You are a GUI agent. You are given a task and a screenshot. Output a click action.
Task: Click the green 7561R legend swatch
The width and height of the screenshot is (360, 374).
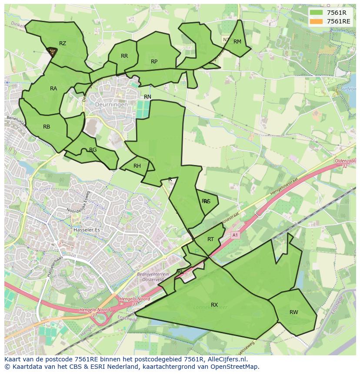317,13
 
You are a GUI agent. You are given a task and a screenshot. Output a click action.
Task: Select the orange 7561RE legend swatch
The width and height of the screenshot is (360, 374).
317,21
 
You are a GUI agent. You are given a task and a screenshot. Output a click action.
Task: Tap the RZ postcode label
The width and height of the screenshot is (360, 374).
63,43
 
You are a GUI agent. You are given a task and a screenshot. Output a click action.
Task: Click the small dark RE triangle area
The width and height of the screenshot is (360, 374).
52,52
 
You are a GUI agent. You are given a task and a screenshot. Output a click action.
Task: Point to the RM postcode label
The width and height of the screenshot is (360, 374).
237,42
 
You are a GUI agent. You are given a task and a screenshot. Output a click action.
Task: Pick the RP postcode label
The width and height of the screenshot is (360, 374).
154,62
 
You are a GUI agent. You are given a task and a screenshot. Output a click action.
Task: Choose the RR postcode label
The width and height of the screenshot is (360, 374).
124,56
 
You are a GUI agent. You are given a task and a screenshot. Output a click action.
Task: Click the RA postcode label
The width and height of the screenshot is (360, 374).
53,89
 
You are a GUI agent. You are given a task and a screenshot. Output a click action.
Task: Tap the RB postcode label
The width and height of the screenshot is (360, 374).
47,127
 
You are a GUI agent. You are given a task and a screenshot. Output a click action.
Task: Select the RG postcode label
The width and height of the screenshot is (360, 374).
93,150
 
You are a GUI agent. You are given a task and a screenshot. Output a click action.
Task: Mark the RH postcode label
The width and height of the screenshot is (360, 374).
137,166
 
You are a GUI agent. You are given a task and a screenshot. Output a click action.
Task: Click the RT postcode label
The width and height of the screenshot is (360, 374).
210,239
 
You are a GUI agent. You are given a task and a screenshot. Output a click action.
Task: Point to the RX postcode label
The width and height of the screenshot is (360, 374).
214,305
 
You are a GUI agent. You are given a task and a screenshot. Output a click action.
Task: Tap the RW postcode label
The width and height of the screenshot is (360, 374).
294,312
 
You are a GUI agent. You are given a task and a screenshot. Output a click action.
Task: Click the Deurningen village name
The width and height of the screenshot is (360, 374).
112,105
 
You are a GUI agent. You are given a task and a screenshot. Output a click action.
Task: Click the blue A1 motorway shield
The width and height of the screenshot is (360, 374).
235,235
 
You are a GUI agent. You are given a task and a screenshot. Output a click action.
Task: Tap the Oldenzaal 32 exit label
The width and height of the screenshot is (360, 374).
345,163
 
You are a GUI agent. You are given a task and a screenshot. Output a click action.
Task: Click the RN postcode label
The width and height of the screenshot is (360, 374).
148,97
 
